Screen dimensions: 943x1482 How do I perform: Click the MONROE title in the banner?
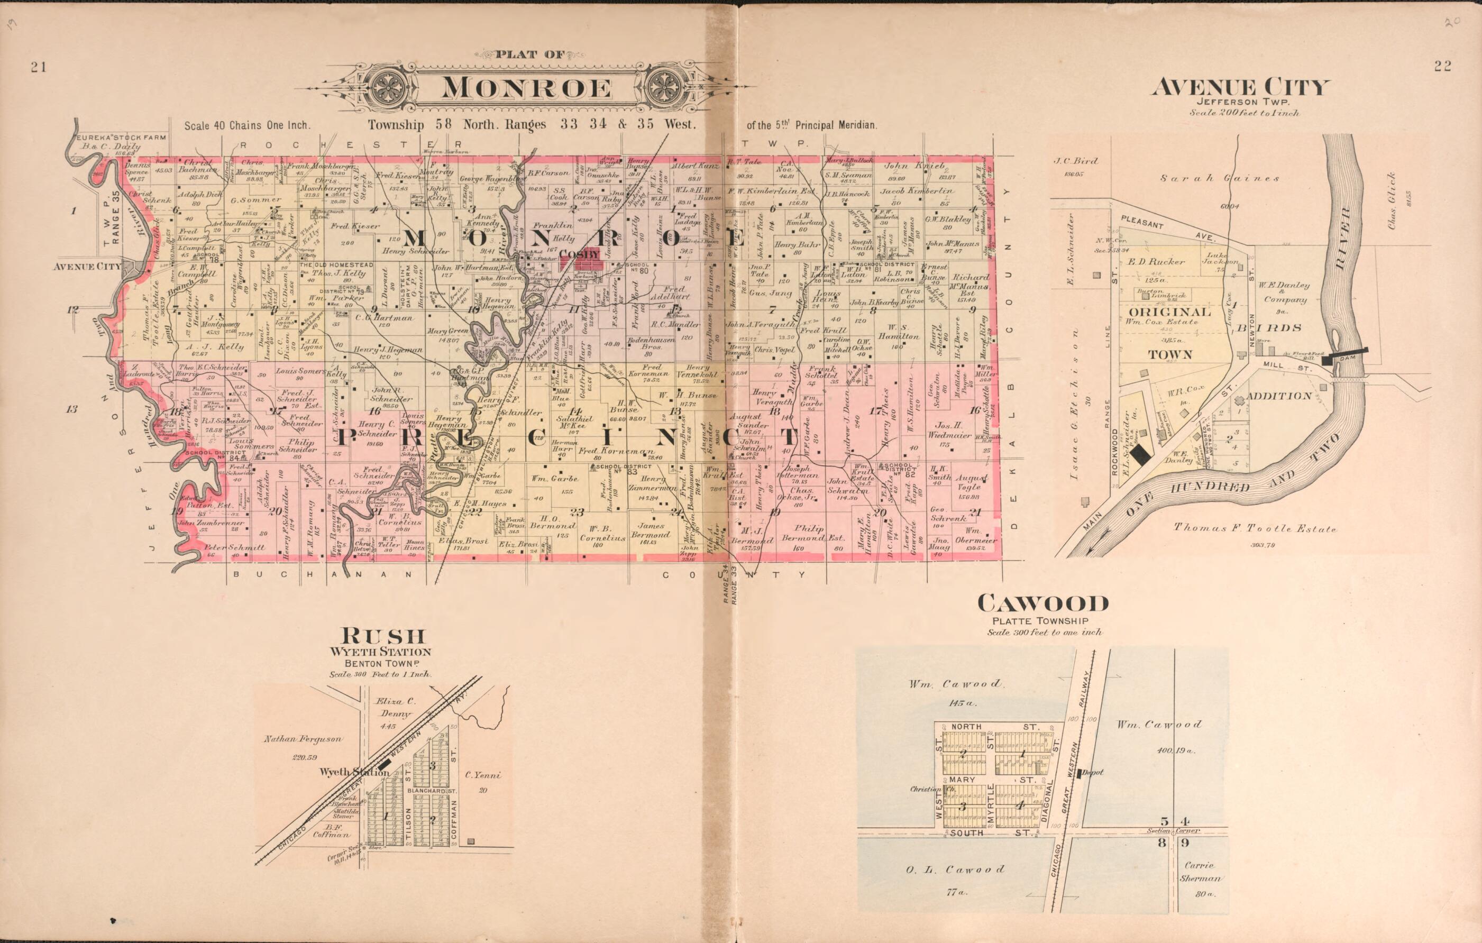526,88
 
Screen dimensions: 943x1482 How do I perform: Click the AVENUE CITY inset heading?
1241,87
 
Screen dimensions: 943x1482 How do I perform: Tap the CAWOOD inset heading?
1042,603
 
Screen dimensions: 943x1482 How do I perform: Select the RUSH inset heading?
379,635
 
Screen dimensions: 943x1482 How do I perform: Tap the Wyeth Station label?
344,771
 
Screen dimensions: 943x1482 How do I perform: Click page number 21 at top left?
39,68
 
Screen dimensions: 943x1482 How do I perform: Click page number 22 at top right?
1442,67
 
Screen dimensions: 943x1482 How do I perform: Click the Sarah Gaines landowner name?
1220,179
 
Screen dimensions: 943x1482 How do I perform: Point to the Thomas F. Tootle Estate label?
1254,528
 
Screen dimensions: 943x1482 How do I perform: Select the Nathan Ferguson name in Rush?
303,739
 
